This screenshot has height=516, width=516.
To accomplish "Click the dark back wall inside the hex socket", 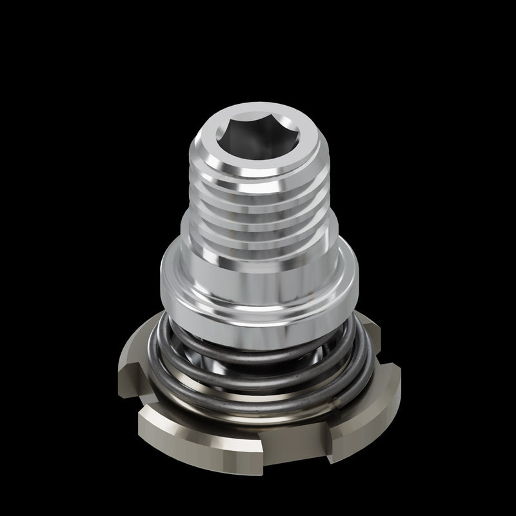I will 258,129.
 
